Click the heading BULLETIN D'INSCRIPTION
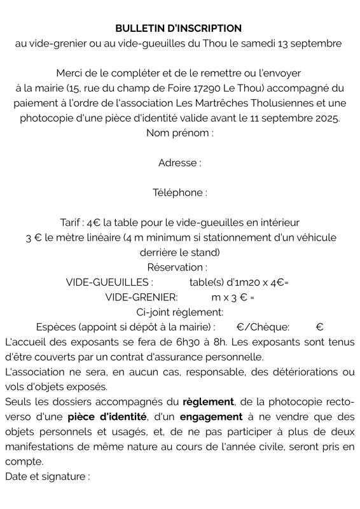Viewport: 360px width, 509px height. [x=179, y=28]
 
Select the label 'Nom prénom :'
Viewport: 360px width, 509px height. [x=180, y=133]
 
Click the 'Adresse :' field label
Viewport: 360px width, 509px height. [x=180, y=163]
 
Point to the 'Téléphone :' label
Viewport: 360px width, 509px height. [x=180, y=193]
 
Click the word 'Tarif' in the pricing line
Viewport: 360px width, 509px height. [x=72, y=222]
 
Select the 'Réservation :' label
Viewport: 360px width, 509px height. [x=177, y=267]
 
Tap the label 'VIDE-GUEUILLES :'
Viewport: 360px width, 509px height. [x=109, y=282]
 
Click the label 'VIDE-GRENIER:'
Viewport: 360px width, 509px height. [x=141, y=297]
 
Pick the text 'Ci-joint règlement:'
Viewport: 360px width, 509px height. [x=180, y=312]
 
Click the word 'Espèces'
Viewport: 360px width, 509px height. [x=56, y=327]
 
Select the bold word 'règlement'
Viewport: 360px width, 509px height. [x=209, y=402]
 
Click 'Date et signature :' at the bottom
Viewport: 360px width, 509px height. [x=47, y=476]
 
